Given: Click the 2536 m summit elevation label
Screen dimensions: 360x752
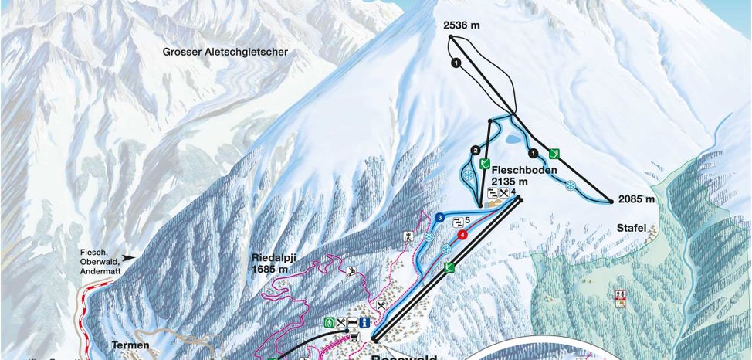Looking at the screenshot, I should (x=462, y=25).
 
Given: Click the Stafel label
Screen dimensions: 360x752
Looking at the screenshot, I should (x=631, y=228).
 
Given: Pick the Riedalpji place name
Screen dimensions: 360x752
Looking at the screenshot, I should (x=274, y=259).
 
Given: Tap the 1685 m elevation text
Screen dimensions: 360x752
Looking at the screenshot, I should (x=269, y=270).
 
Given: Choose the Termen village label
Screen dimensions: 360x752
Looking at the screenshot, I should (x=129, y=345).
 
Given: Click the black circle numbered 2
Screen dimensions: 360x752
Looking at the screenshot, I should (x=476, y=150).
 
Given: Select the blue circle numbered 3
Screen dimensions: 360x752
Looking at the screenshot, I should (x=439, y=219).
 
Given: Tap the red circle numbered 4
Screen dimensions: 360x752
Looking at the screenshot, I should (x=462, y=235).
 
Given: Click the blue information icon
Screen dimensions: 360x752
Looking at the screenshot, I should (x=365, y=322).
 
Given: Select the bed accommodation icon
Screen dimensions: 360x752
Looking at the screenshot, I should (x=353, y=322).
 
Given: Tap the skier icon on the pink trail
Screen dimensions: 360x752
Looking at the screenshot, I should (x=352, y=270).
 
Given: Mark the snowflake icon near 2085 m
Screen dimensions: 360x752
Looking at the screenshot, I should (x=571, y=186).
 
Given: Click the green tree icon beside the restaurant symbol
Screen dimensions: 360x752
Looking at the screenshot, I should (x=330, y=321).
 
